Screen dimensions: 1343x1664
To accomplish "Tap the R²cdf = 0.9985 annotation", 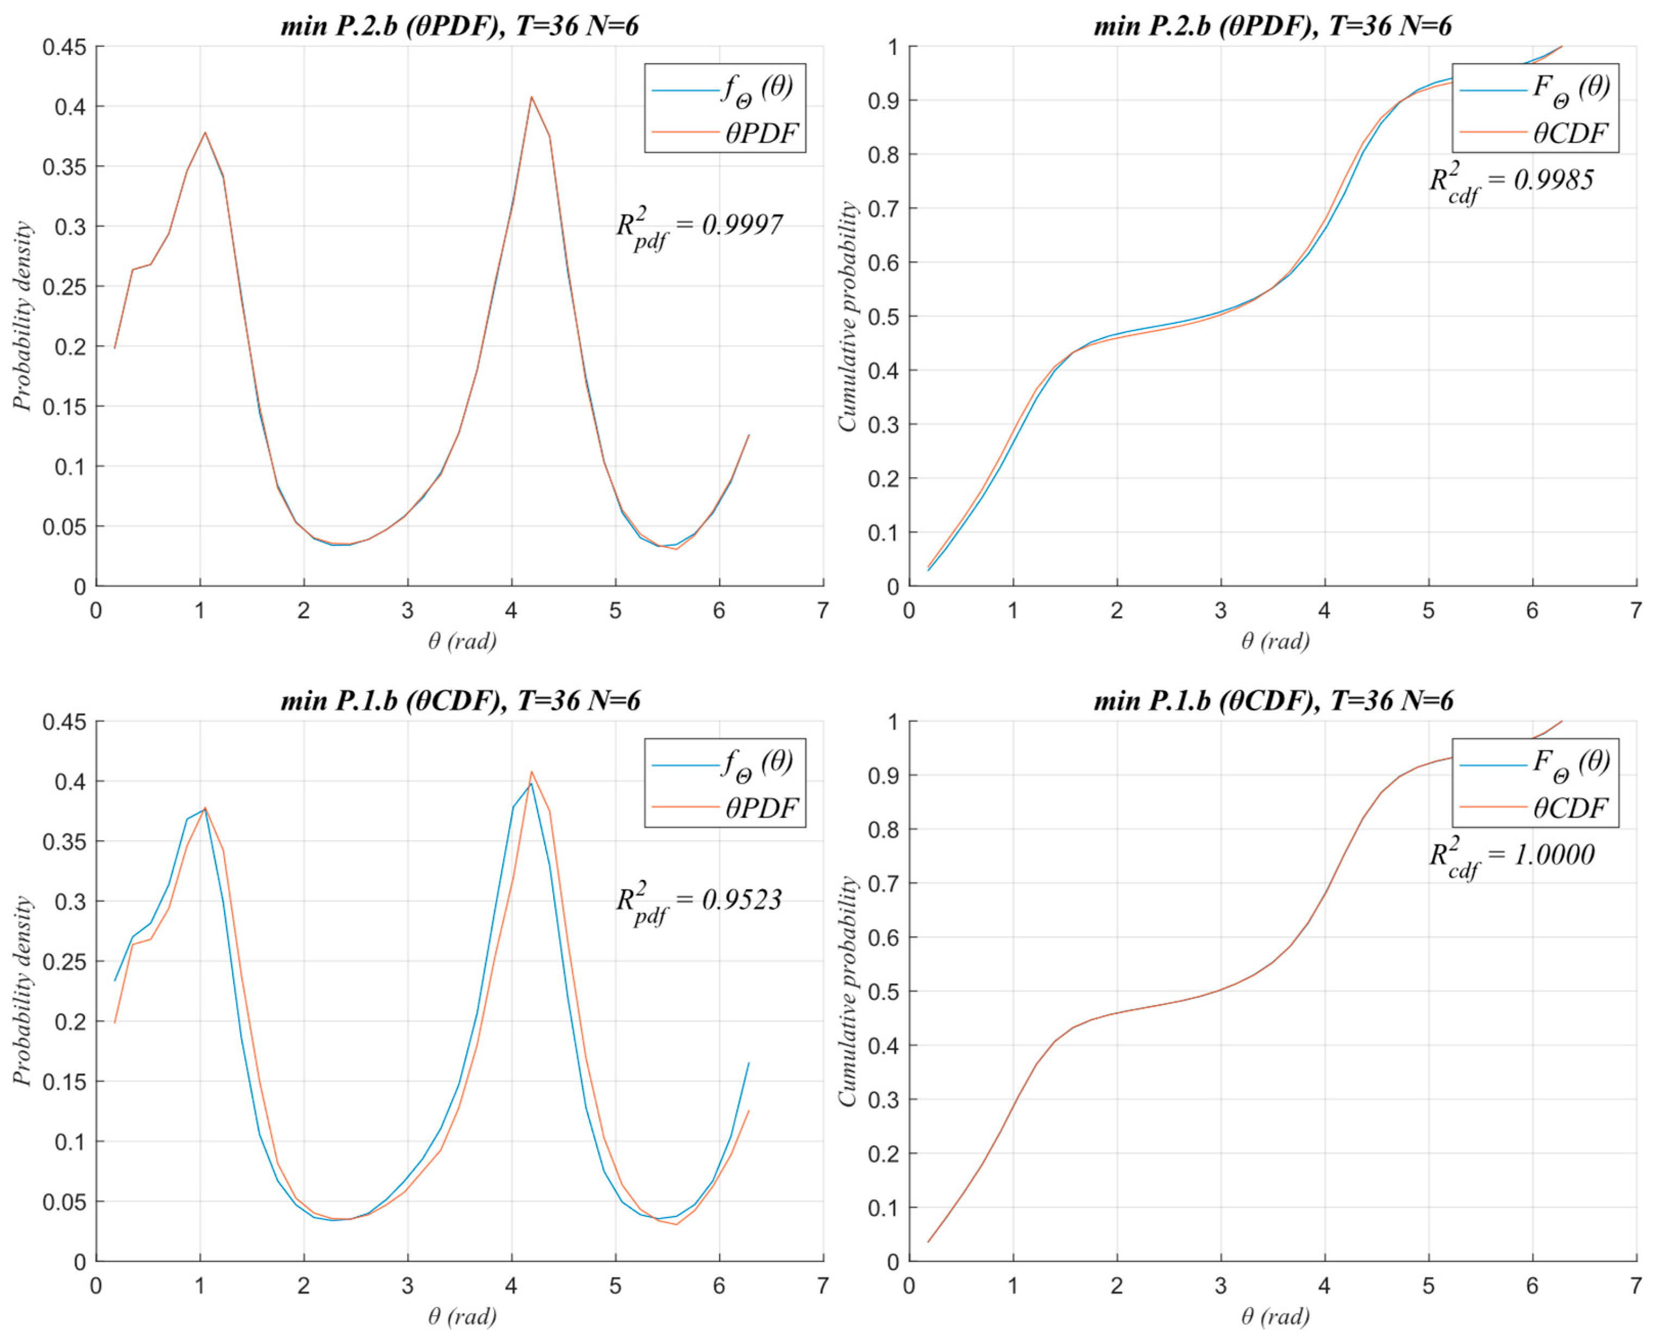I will click(x=1511, y=182).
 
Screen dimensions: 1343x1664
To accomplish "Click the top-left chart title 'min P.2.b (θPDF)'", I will click(x=460, y=26).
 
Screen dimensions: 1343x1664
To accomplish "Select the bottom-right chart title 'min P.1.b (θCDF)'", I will click(x=1273, y=701).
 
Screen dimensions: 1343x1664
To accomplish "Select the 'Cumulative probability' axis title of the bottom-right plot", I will click(x=848, y=991).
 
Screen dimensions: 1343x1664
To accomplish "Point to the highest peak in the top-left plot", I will click(x=531, y=97).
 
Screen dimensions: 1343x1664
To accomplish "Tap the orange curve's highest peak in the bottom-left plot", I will click(x=531, y=772).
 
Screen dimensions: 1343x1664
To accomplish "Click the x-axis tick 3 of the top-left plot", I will click(x=408, y=611).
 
